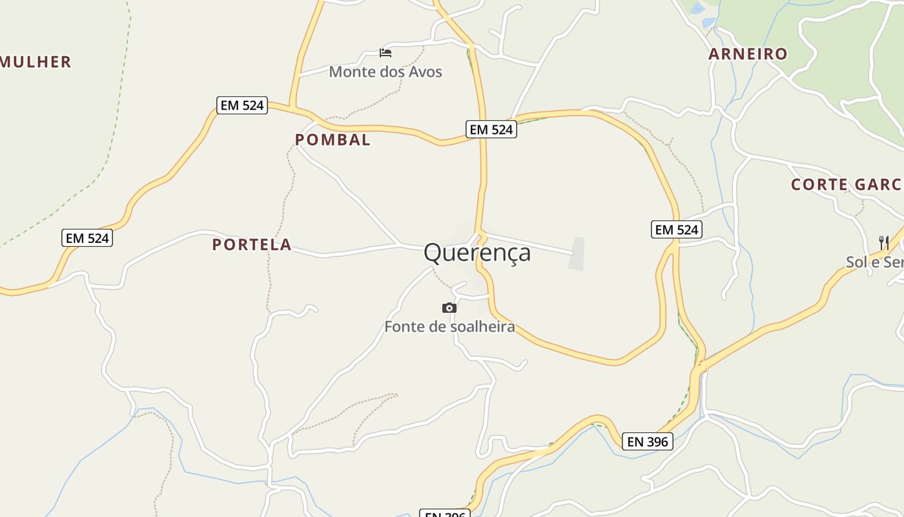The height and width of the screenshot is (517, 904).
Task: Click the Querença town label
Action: coord(477,253)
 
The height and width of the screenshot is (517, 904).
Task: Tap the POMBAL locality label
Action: coord(333,140)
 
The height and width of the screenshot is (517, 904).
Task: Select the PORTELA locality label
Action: coord(252,245)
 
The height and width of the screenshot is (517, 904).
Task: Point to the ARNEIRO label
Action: coord(748,54)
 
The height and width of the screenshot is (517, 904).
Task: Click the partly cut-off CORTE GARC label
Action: coord(847,185)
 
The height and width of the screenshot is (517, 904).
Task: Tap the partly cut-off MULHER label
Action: coord(36,62)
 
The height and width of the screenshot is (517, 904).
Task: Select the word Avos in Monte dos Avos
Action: coord(425,72)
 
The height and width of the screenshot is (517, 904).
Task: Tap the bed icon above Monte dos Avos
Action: coord(385,52)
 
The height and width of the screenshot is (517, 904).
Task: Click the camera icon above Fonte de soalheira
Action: coord(449,308)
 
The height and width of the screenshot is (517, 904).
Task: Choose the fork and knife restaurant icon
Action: coord(884,243)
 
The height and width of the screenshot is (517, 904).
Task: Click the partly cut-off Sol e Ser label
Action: coord(874,262)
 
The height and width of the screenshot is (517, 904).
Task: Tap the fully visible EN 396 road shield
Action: coord(648,441)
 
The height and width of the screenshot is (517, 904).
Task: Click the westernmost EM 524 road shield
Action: coord(87,238)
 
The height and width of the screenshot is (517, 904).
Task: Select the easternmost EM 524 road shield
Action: coord(676,229)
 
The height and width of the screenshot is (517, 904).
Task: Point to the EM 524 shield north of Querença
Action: coord(491,129)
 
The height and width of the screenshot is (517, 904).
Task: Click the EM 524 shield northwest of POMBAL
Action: coord(241,105)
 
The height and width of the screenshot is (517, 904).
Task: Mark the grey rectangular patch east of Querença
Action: coord(577,254)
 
